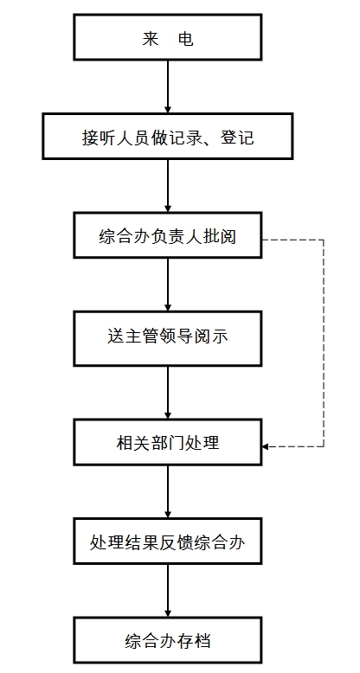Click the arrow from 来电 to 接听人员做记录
click(168, 87)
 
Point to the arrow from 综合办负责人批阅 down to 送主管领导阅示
click(168, 285)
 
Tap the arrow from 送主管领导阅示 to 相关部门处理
click(168, 393)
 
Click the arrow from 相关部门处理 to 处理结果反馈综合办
click(168, 491)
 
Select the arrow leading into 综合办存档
click(168, 591)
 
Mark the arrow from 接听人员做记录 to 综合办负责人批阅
click(168, 186)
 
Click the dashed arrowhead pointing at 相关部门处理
click(265, 446)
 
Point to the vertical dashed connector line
click(324, 343)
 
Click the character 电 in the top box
click(185, 39)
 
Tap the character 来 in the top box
click(150, 39)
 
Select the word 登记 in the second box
click(237, 138)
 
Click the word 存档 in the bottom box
click(194, 641)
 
